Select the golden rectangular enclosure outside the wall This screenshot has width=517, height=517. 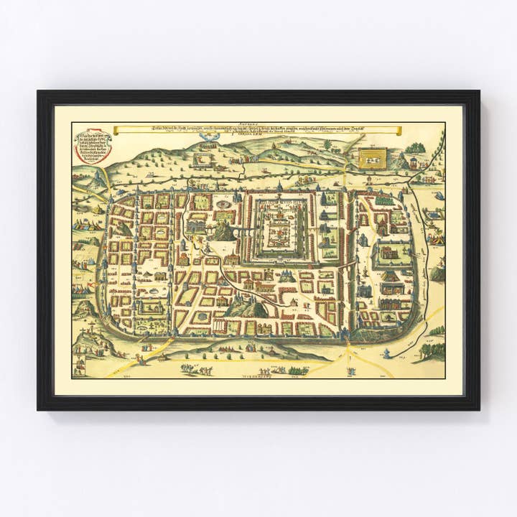[373, 157]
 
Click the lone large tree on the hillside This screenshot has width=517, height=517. [327, 144]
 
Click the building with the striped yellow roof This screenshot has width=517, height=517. [391, 276]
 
